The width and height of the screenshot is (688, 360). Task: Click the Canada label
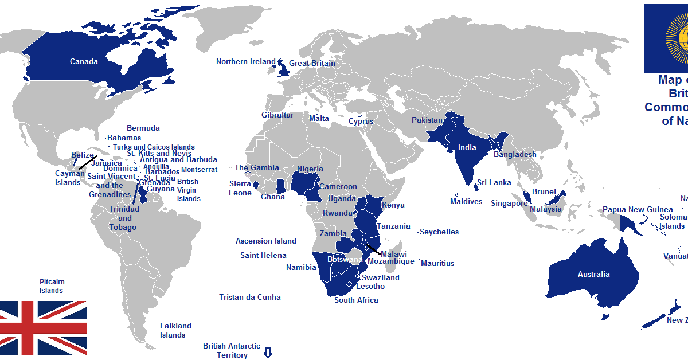pyautogui.click(x=84, y=61)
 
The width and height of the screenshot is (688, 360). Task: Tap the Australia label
pyautogui.click(x=593, y=274)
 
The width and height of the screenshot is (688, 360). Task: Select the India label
pyautogui.click(x=467, y=147)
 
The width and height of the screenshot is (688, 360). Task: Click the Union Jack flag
pyautogui.click(x=43, y=327)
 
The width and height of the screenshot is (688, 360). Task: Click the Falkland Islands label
pyautogui.click(x=175, y=330)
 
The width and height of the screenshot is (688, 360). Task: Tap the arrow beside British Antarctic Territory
pyautogui.click(x=267, y=353)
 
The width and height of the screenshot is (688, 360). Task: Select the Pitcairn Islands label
pyautogui.click(x=52, y=286)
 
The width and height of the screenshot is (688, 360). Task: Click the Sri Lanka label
pyautogui.click(x=494, y=183)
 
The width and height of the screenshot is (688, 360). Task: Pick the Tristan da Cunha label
pyautogui.click(x=250, y=297)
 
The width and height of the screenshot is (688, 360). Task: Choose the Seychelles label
pyautogui.click(x=439, y=232)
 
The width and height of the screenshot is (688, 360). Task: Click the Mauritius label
pyautogui.click(x=437, y=263)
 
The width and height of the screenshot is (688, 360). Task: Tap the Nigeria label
pyautogui.click(x=310, y=169)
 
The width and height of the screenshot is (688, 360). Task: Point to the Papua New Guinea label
pyautogui.click(x=638, y=209)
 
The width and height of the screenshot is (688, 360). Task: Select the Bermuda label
pyautogui.click(x=143, y=128)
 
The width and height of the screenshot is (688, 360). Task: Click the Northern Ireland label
pyautogui.click(x=245, y=61)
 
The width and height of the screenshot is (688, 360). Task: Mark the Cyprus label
pyautogui.click(x=361, y=121)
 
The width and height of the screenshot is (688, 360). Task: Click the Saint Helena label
pyautogui.click(x=263, y=255)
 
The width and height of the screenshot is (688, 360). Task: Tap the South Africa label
pyautogui.click(x=356, y=300)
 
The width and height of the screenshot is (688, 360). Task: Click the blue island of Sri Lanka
pyautogui.click(x=476, y=187)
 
